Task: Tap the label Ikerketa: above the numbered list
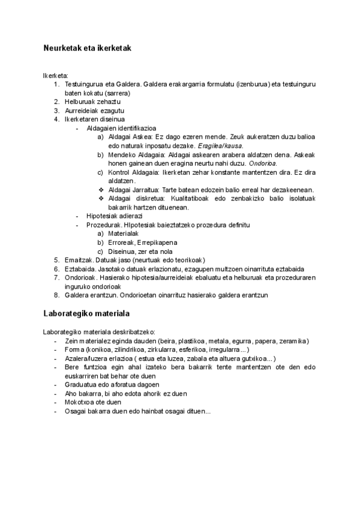[55, 76]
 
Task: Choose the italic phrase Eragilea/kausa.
[226, 146]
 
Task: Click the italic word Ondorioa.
[263, 163]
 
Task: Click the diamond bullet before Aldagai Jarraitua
[100, 190]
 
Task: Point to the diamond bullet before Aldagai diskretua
[100, 199]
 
